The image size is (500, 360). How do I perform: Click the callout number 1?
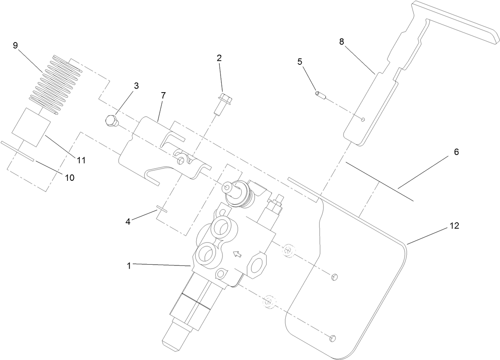point(129,266)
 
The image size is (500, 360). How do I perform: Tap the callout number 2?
point(219,58)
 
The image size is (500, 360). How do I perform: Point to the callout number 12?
point(454,226)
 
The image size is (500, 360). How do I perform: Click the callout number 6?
point(456,152)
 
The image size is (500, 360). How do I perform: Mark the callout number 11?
point(81,161)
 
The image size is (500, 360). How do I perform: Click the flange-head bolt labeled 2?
point(222,104)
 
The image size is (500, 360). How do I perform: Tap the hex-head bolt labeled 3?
point(112,121)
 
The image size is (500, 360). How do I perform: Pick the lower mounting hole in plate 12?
point(333,338)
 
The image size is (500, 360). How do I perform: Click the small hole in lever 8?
point(363,119)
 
